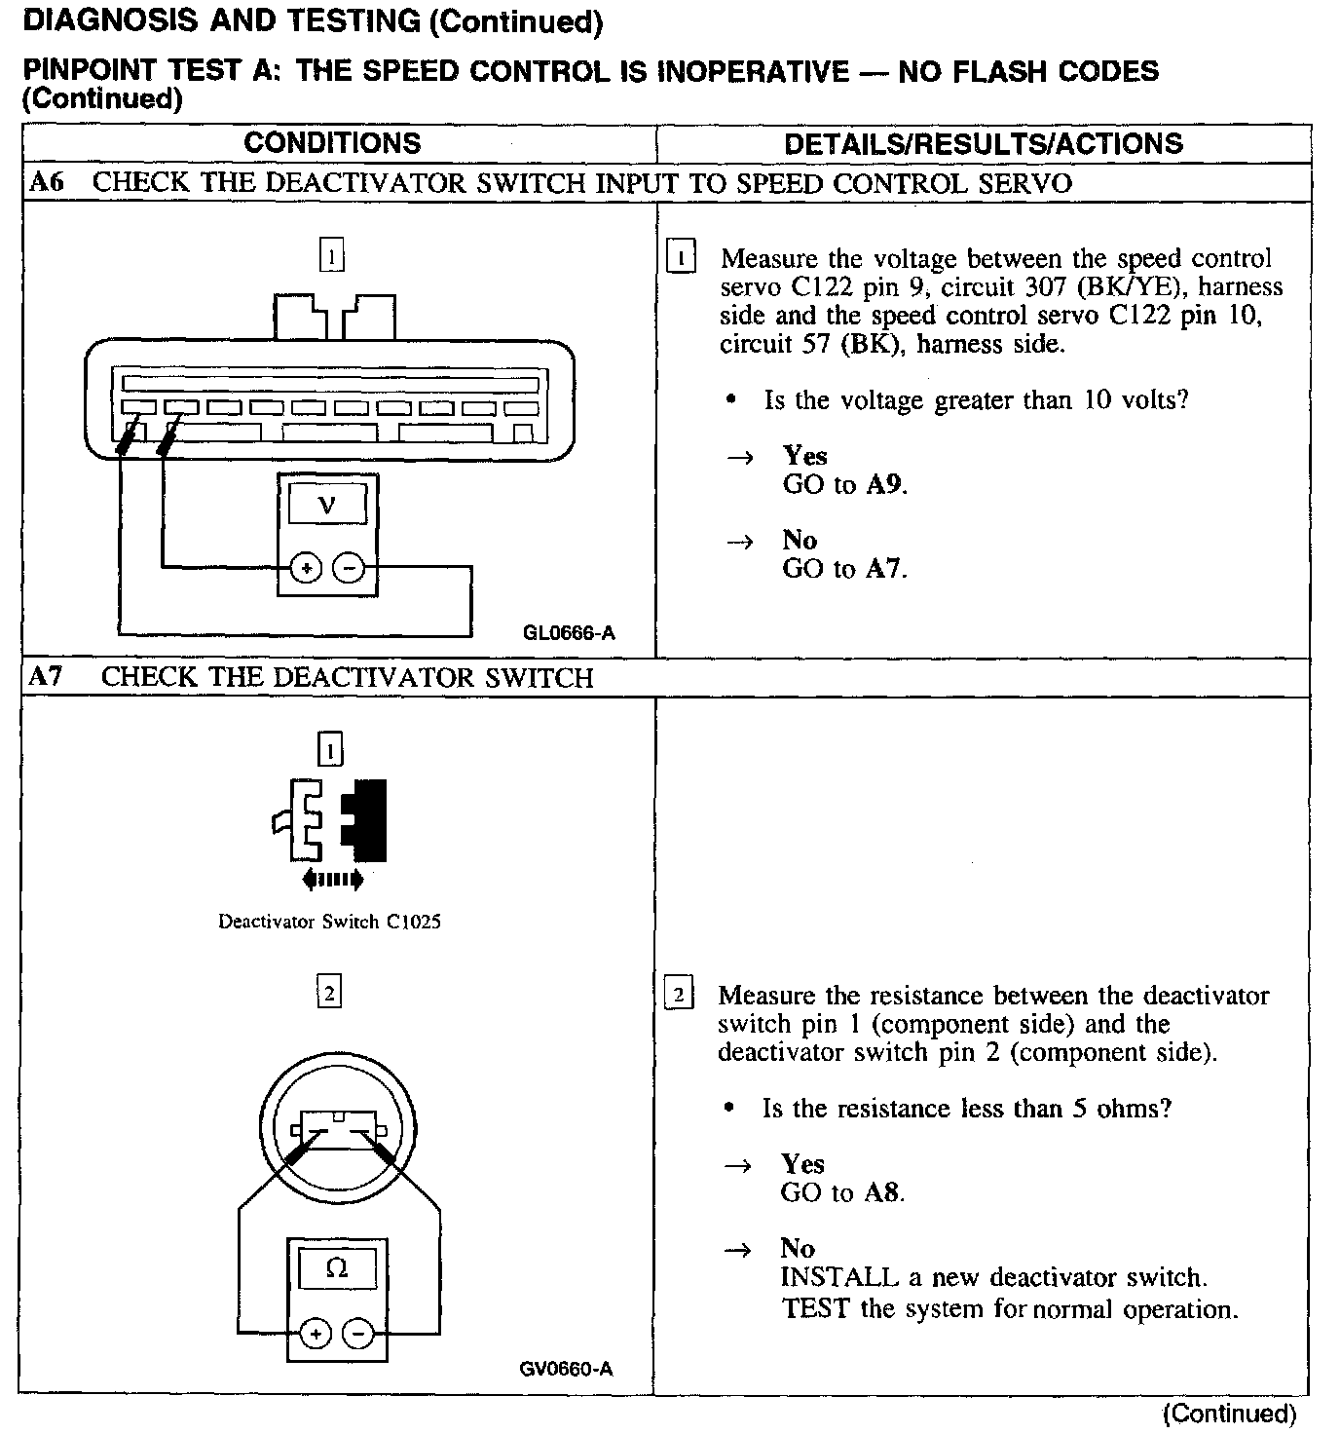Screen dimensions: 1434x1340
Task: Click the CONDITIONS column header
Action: [x=332, y=143]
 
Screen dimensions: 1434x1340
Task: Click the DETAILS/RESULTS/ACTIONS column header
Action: [x=983, y=144]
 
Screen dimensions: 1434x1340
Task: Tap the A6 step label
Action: [x=46, y=182]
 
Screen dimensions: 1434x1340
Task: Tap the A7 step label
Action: [x=46, y=676]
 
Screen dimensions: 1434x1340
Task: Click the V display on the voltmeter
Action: [x=327, y=506]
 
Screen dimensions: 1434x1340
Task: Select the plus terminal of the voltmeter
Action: [x=306, y=567]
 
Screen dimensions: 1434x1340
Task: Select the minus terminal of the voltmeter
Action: [x=349, y=567]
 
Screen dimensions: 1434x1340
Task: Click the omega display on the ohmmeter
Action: [x=337, y=1268]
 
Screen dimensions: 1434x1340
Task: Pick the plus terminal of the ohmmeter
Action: [x=315, y=1334]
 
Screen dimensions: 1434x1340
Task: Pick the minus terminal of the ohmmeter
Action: [x=358, y=1334]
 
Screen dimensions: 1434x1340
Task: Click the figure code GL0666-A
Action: [x=569, y=633]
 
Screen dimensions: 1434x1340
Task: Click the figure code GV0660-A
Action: [x=566, y=1369]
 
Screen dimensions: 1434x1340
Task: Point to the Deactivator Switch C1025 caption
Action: [x=329, y=922]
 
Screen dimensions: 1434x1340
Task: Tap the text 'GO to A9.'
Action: [x=844, y=484]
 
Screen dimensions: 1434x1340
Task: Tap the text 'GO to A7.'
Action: [x=844, y=568]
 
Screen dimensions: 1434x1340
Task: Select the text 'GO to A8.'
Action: [x=842, y=1192]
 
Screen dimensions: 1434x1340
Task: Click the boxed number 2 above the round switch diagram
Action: [x=330, y=994]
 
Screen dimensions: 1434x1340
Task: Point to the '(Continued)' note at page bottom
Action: [x=1230, y=1413]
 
